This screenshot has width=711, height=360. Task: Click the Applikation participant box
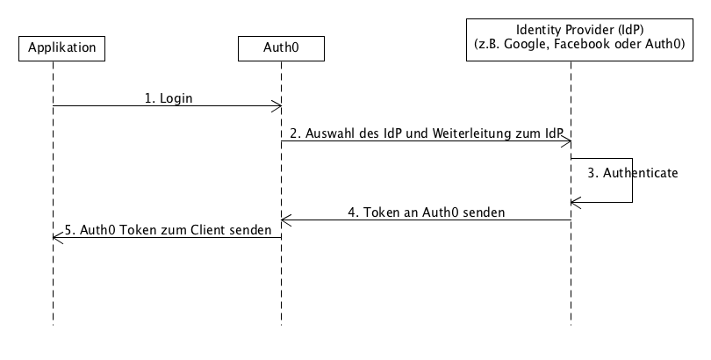[61, 47]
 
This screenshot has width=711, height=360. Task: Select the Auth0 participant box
[281, 47]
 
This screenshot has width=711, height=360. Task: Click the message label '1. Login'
[169, 98]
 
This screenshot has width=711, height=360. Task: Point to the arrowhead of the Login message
[276, 106]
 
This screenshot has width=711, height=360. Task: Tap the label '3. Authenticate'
[633, 173]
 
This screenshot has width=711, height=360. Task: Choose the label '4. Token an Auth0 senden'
[427, 212]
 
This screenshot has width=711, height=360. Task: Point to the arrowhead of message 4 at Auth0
[285, 220]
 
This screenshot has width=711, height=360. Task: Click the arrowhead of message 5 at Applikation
[57, 236]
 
